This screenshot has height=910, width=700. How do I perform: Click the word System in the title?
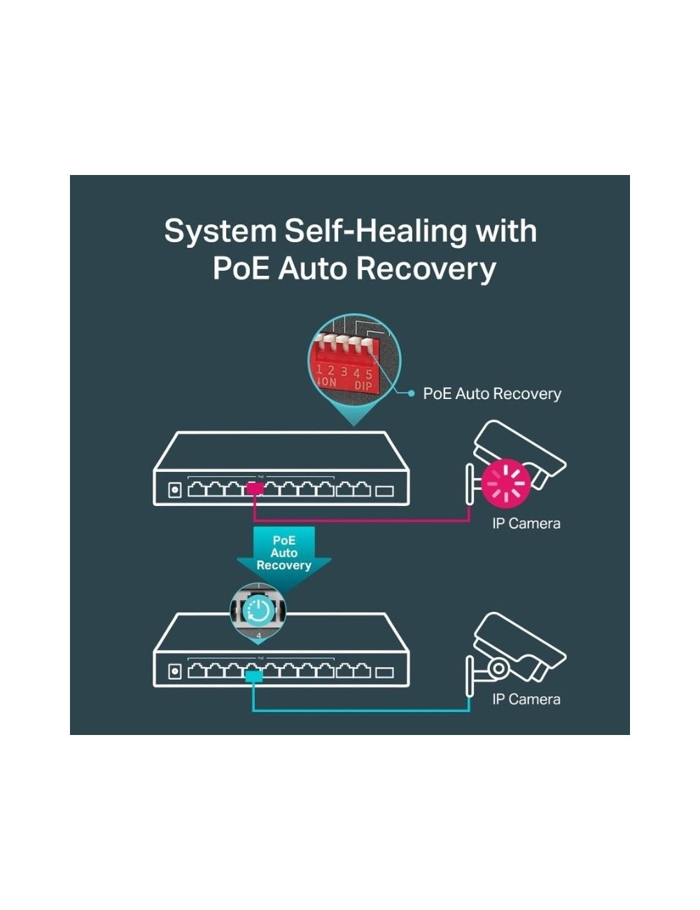pyautogui.click(x=220, y=232)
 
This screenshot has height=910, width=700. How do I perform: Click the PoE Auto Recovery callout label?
pyautogui.click(x=491, y=393)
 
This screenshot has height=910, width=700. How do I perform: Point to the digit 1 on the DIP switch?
pyautogui.click(x=319, y=370)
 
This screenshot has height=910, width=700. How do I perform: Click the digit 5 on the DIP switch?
pyautogui.click(x=369, y=374)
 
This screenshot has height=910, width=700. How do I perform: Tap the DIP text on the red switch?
pyautogui.click(x=363, y=385)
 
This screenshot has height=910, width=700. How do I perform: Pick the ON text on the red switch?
pyautogui.click(x=329, y=382)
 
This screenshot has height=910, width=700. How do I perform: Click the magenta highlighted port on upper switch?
pyautogui.click(x=255, y=489)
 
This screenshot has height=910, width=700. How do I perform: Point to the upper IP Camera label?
pyautogui.click(x=526, y=524)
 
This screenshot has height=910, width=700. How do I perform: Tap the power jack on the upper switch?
pyautogui.click(x=174, y=489)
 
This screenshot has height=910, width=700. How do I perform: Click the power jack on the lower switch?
pyautogui.click(x=174, y=672)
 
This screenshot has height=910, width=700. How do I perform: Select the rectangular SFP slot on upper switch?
pyautogui.click(x=384, y=491)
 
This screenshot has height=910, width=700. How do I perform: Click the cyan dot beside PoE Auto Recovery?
pyautogui.click(x=411, y=393)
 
